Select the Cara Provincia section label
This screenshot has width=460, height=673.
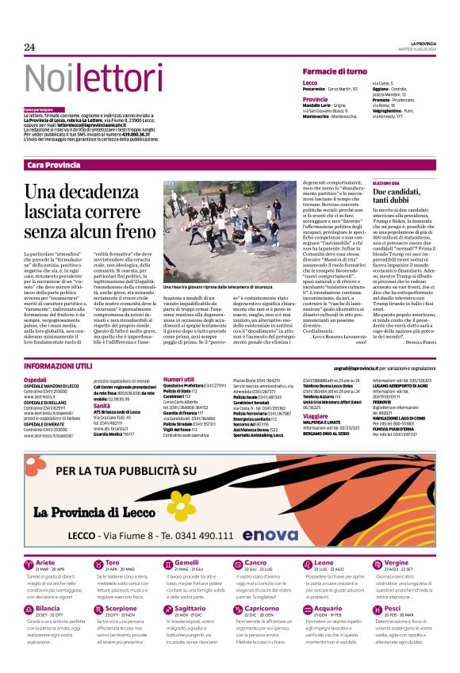coord(53,165)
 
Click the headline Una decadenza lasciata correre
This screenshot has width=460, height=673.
coord(90,210)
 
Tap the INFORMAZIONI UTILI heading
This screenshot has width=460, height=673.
coord(58,367)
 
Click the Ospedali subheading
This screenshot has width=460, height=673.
coord(35,380)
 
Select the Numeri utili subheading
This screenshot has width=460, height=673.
coord(178,380)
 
